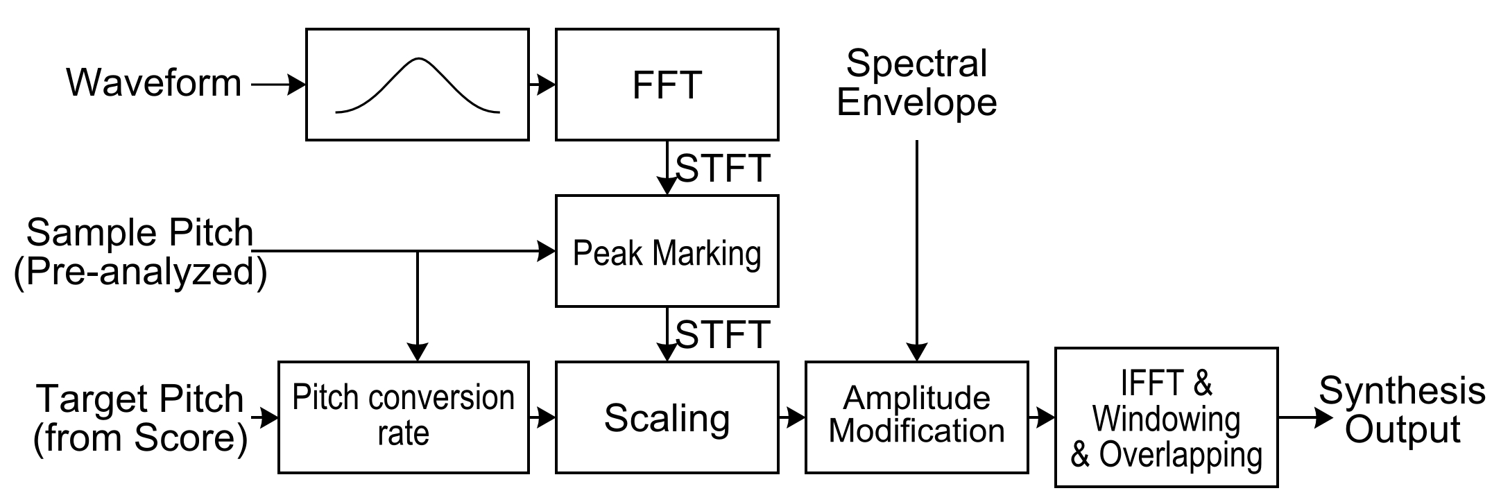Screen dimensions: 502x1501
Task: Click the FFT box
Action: (667, 85)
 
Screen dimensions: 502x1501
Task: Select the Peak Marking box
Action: (667, 251)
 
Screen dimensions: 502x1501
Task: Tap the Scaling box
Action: (667, 417)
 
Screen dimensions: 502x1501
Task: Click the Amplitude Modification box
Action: (916, 417)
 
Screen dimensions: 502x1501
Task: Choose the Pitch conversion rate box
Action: (403, 417)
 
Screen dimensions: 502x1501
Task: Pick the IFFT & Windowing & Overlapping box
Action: (1166, 417)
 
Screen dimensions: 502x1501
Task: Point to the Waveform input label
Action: (153, 83)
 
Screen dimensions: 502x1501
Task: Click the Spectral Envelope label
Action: (916, 83)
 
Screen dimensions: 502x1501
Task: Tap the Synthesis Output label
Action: (1402, 410)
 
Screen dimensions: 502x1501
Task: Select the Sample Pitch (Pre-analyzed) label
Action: (140, 252)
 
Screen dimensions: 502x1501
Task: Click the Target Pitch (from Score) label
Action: (140, 418)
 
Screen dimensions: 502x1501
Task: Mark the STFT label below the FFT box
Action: (723, 168)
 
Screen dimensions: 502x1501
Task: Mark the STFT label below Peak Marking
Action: (723, 335)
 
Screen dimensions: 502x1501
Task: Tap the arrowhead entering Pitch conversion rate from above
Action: (417, 352)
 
